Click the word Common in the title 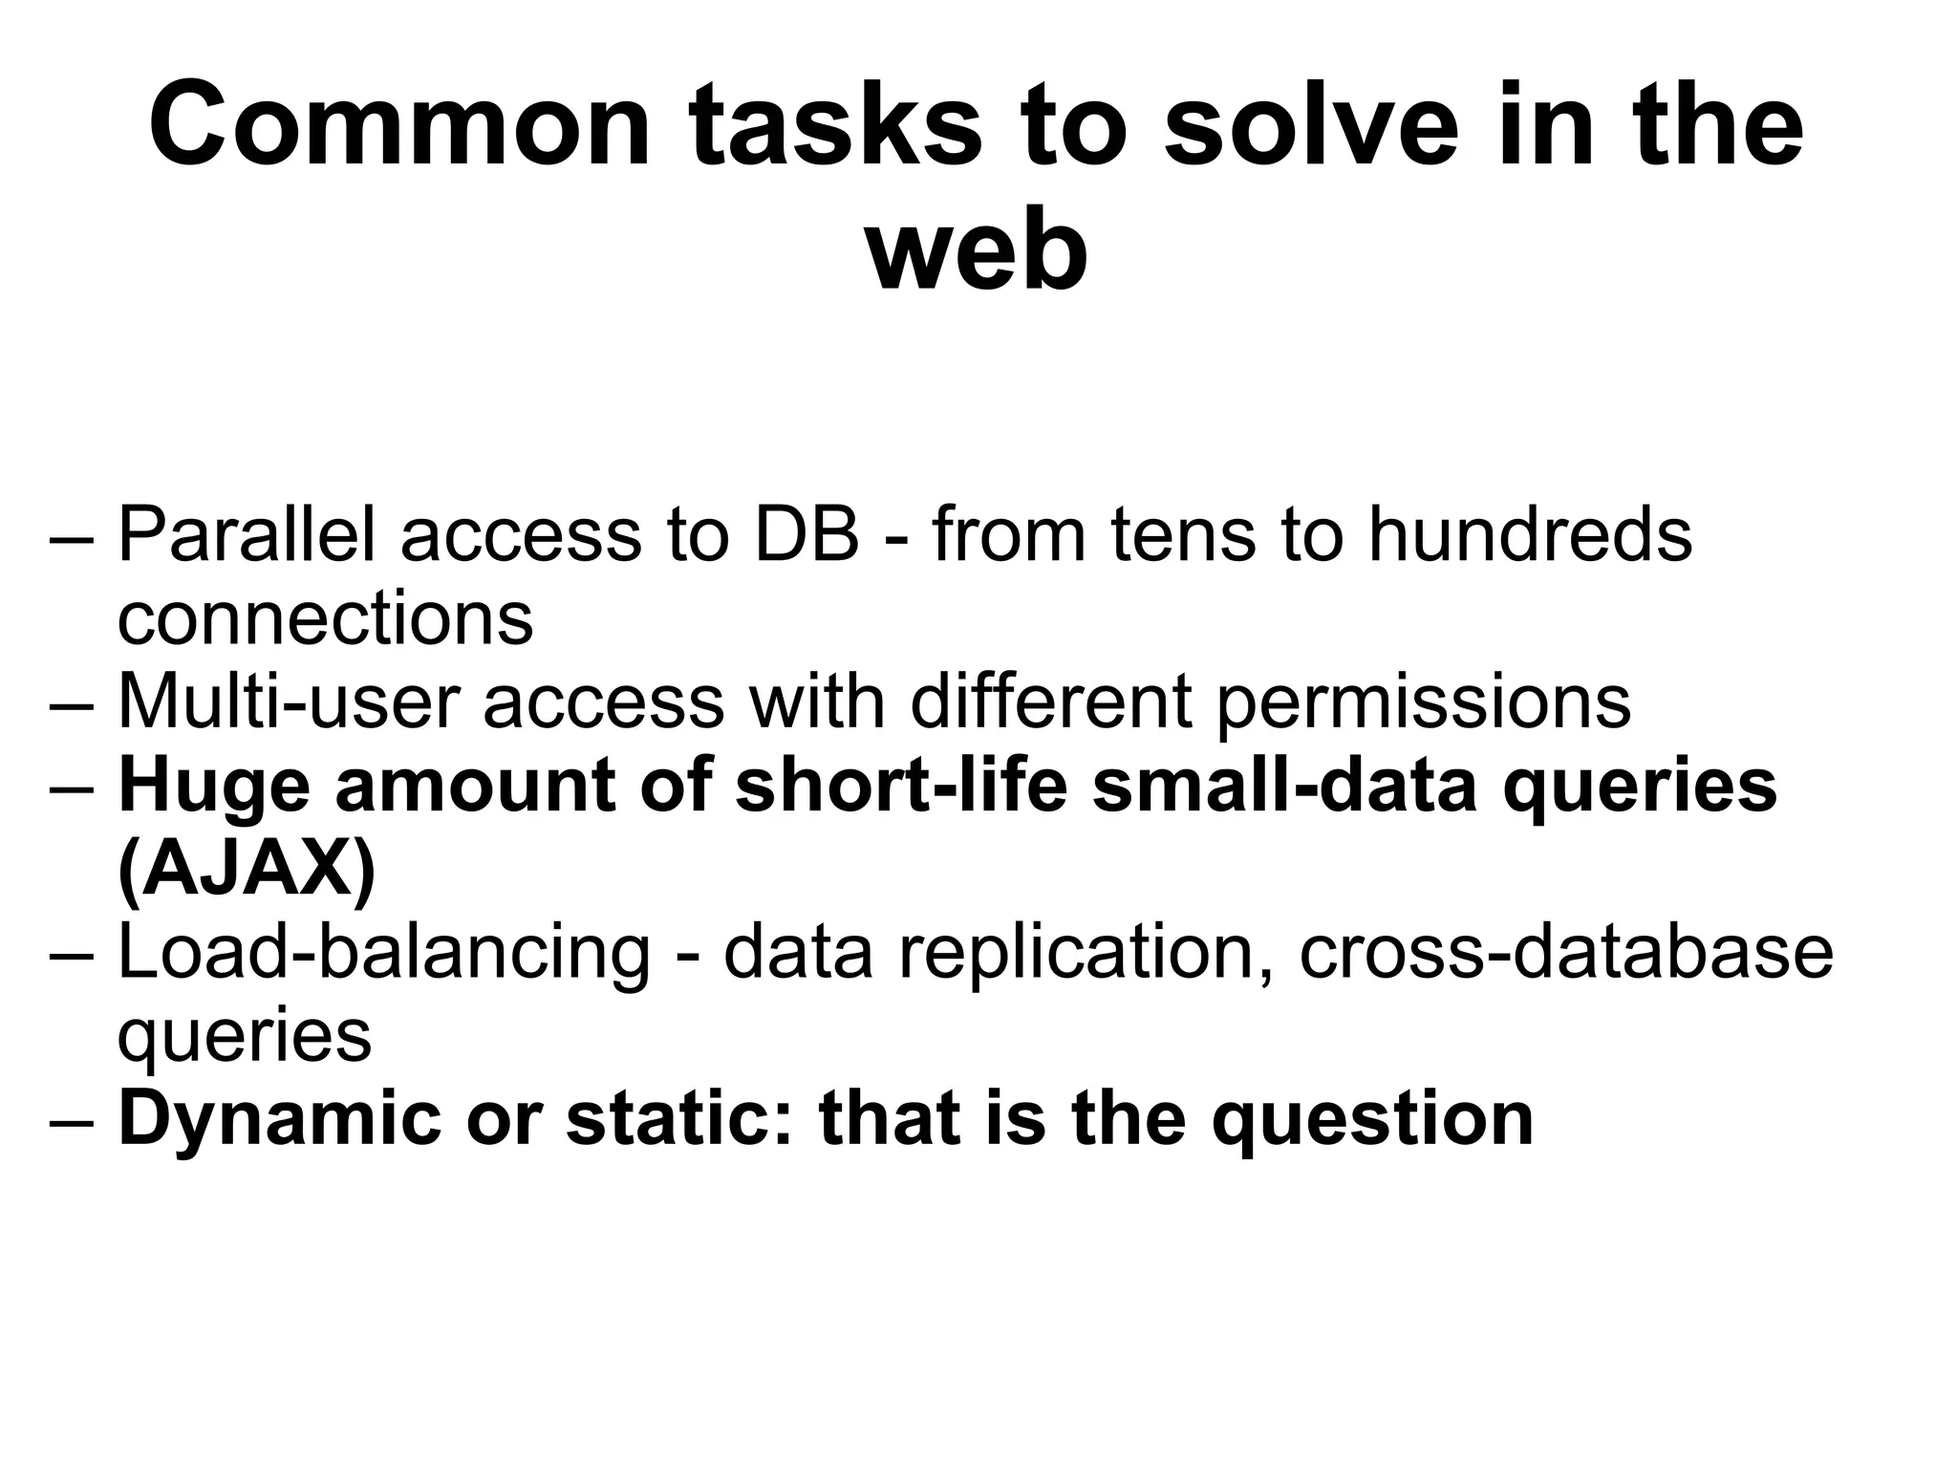pos(400,126)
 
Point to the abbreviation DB pos(806,535)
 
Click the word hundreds pos(1530,535)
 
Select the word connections pos(325,618)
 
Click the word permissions pos(1424,702)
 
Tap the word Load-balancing pos(383,954)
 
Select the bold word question pos(1372,1120)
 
